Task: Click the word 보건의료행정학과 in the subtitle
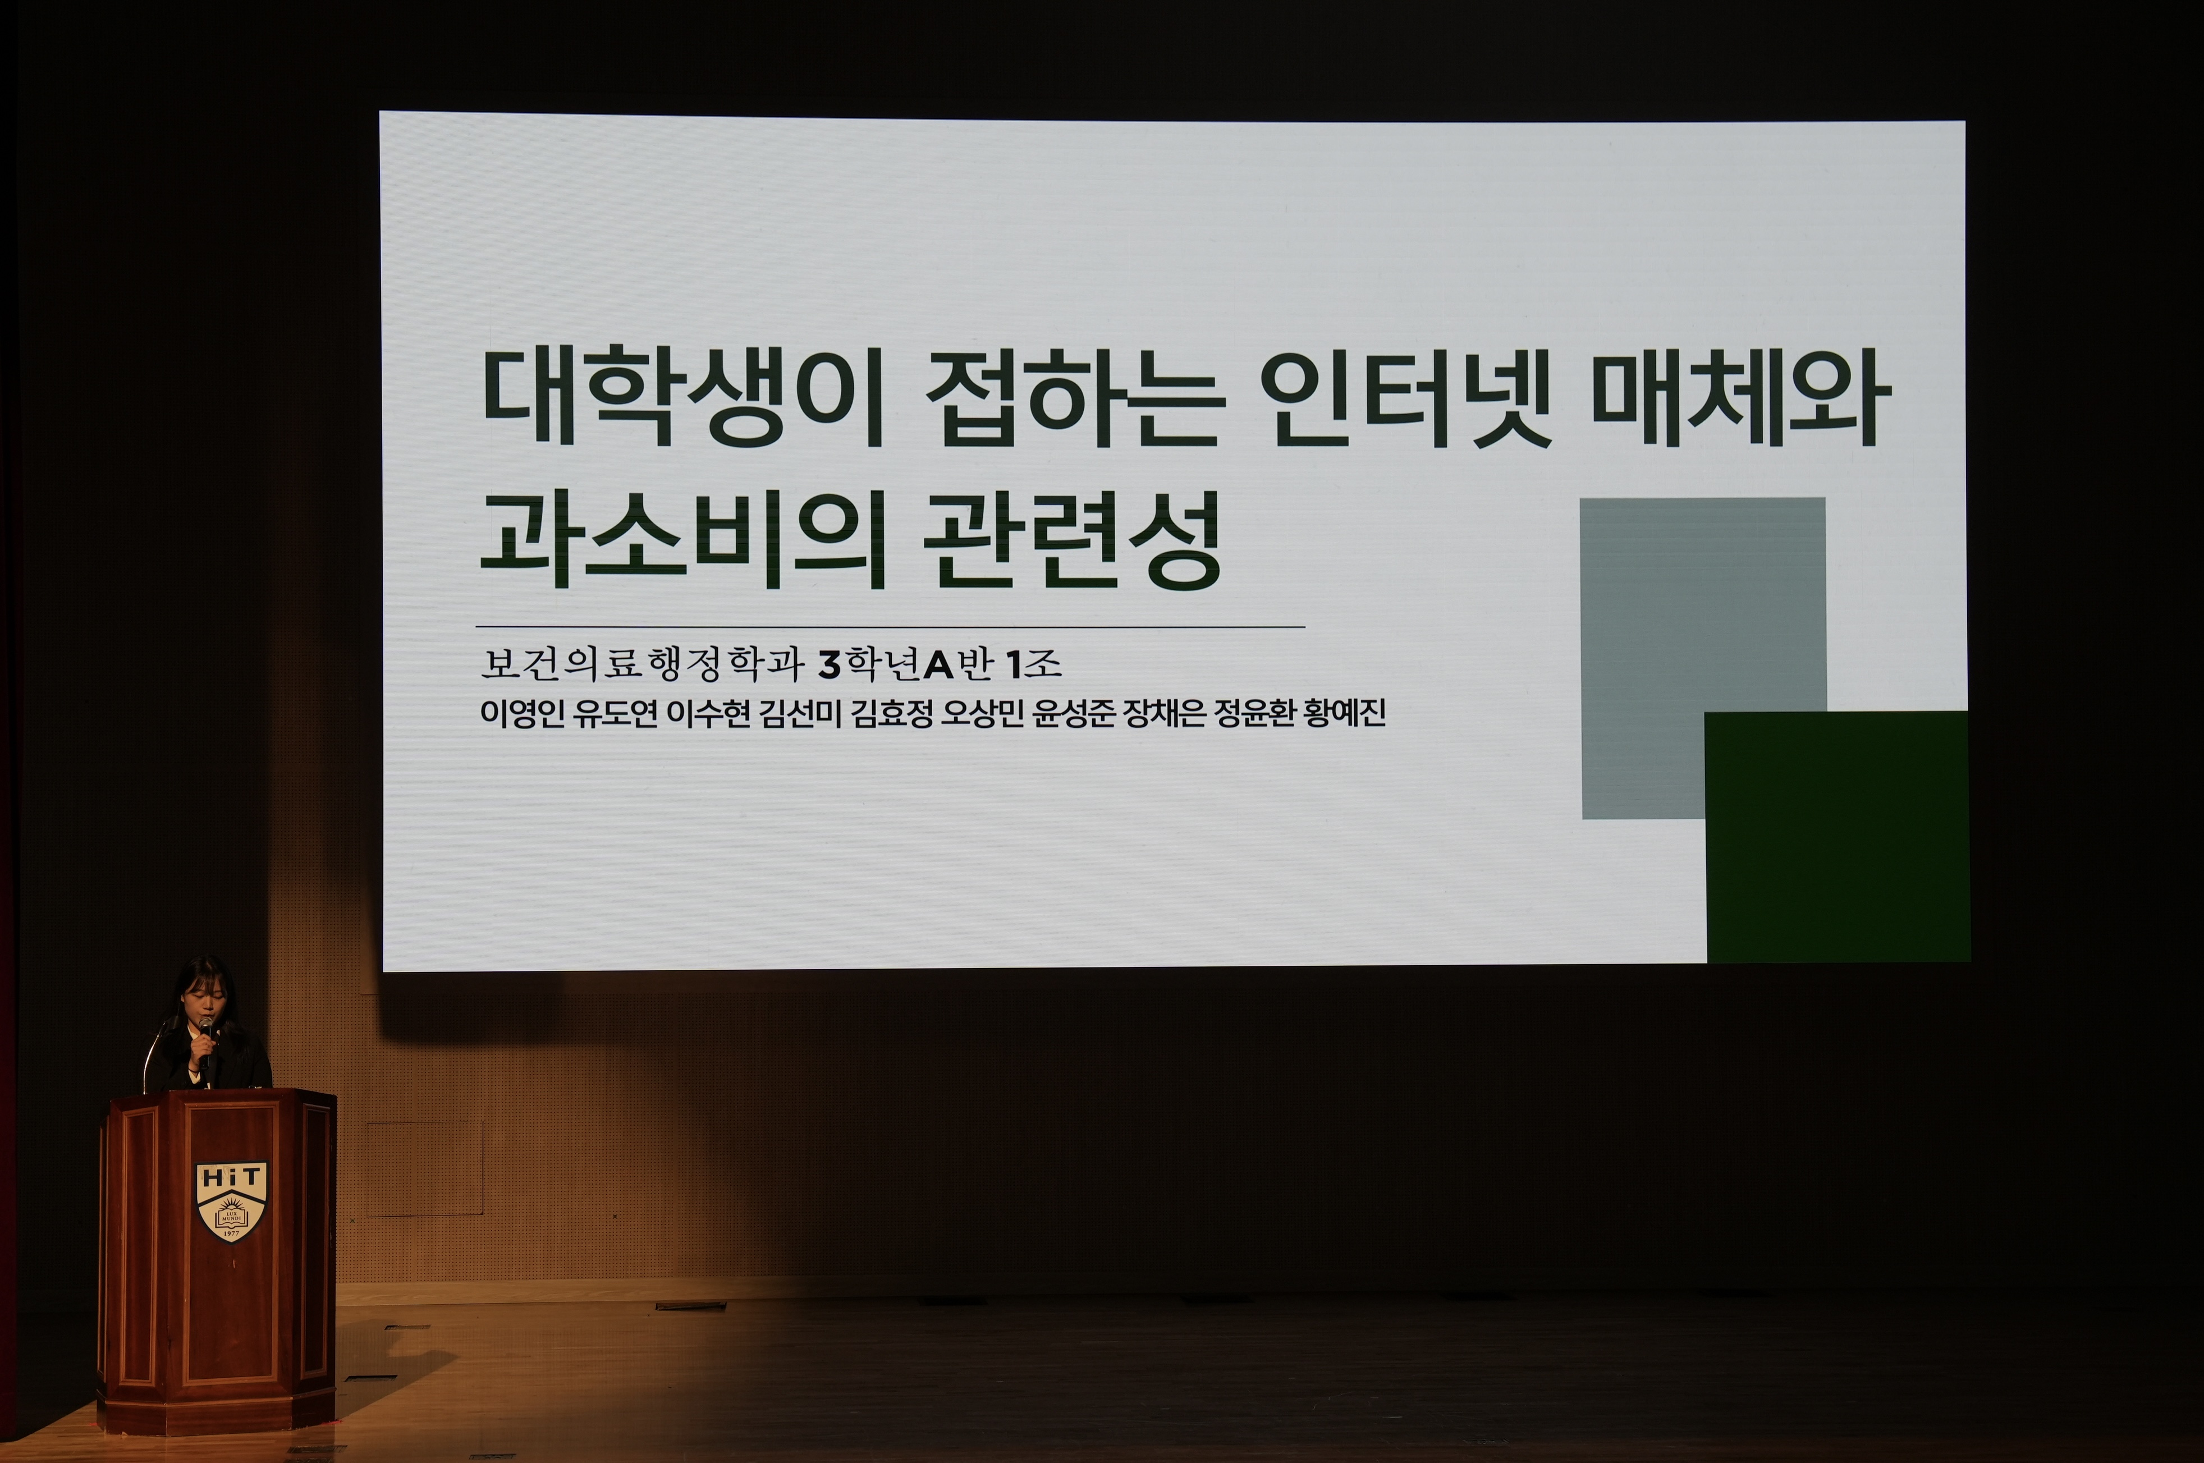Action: click(x=642, y=663)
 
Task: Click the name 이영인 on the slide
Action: click(x=523, y=713)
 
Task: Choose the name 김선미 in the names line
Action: click(x=800, y=713)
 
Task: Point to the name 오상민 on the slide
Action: click(x=983, y=713)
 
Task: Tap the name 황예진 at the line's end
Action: click(x=1345, y=713)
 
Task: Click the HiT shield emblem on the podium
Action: click(x=231, y=1201)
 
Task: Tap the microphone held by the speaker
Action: click(x=204, y=1041)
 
